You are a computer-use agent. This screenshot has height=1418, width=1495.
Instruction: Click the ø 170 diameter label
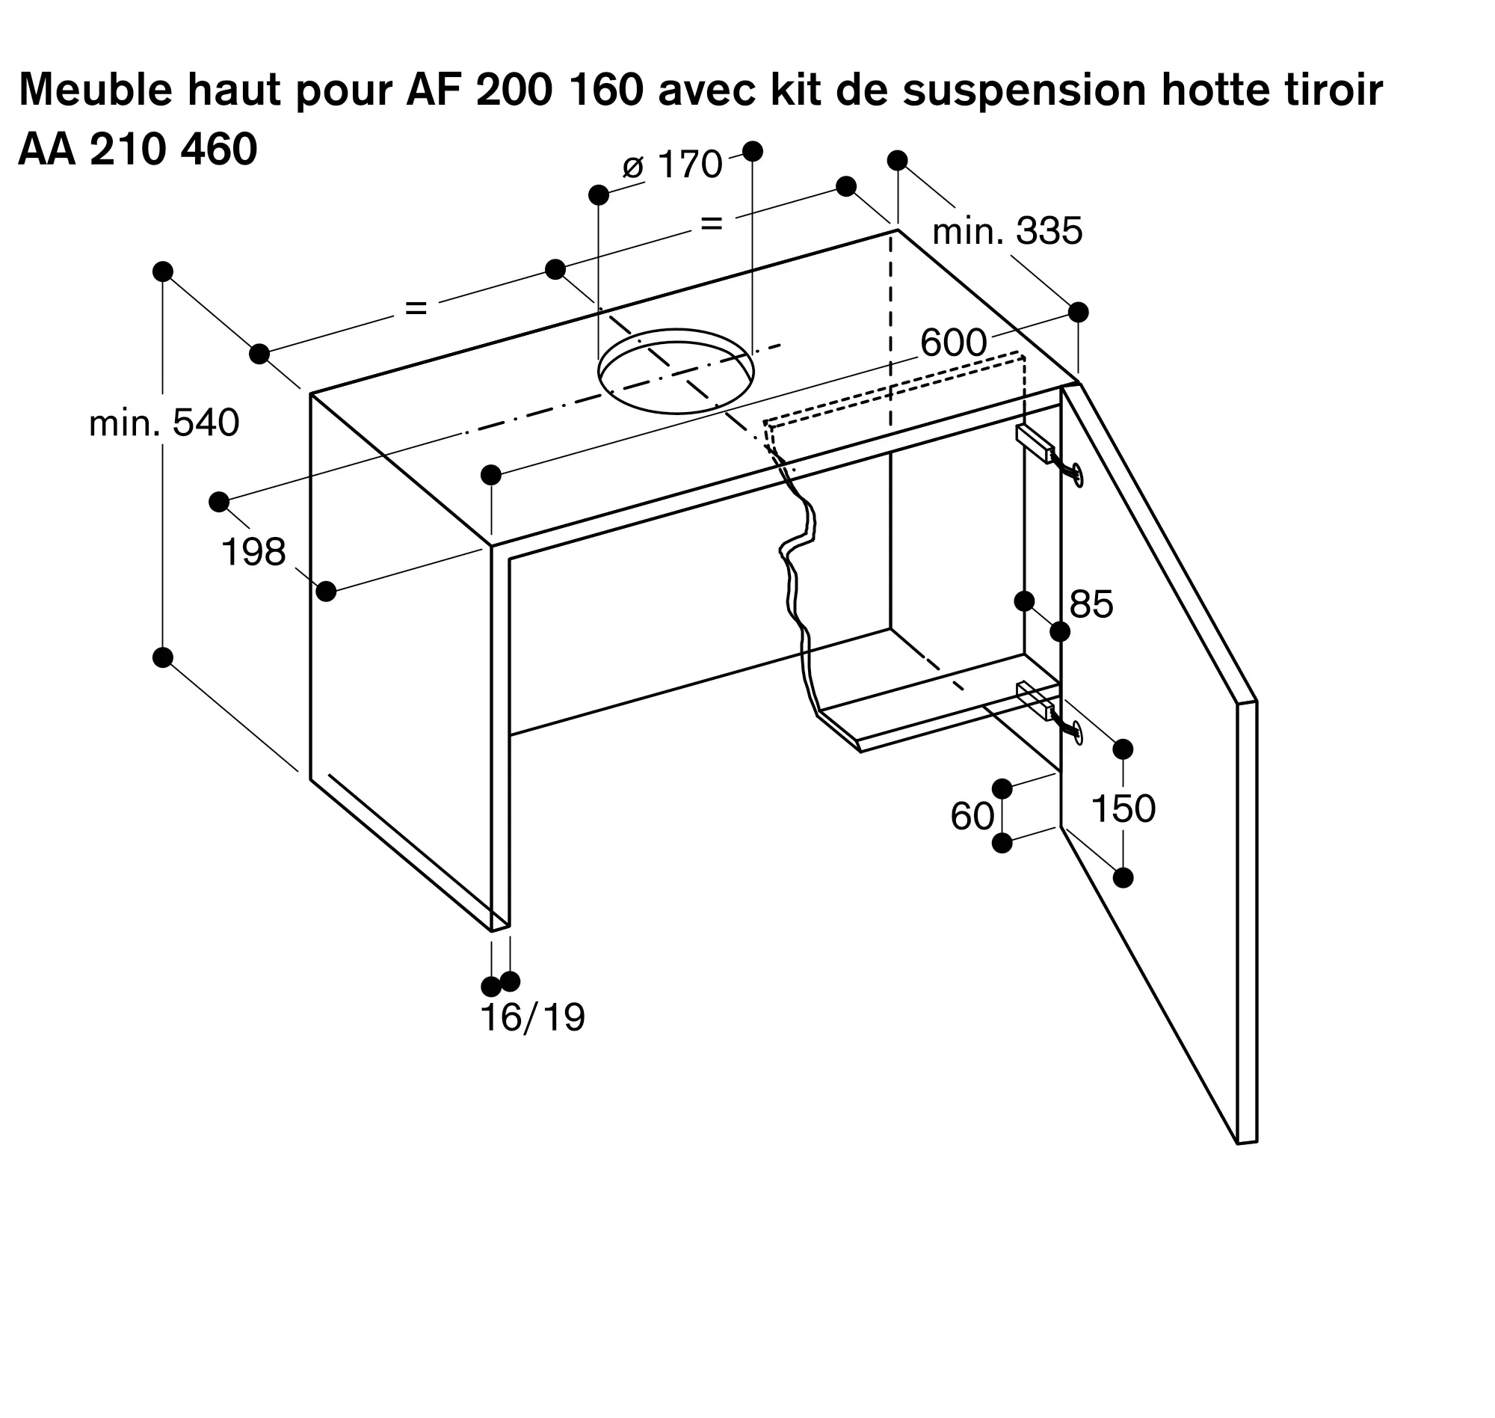coord(672,165)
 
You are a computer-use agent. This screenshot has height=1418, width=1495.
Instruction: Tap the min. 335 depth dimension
coord(1007,231)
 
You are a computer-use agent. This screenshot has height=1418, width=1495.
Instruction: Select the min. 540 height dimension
coord(164,423)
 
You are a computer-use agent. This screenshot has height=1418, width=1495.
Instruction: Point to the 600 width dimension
coord(953,343)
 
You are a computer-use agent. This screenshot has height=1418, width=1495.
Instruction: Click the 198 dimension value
coord(253,553)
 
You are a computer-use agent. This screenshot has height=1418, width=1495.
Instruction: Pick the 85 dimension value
coord(1091,605)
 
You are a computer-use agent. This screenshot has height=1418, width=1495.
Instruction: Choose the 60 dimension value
coord(972,817)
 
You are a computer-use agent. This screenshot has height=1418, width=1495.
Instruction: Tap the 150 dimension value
coord(1123,808)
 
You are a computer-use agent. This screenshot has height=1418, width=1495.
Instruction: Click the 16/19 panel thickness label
coord(532,1018)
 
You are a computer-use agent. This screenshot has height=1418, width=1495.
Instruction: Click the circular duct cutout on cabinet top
coord(676,371)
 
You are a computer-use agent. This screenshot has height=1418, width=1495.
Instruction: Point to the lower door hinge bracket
coord(1036,700)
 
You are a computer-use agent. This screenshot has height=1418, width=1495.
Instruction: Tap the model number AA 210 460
coord(138,150)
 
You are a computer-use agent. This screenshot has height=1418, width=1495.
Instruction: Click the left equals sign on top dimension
coord(416,307)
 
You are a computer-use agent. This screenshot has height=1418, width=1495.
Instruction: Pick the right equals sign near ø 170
coord(712,224)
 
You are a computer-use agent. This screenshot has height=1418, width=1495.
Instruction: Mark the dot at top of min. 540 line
coord(162,271)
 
